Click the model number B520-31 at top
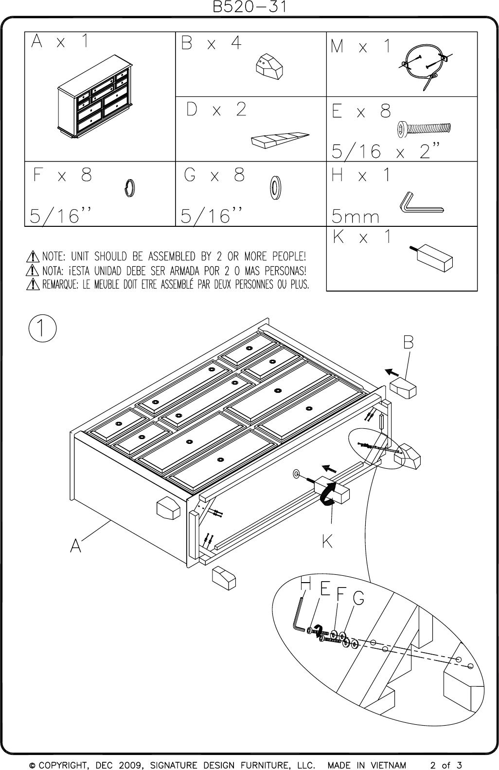tap(249, 7)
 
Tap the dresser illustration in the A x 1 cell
tap(95, 96)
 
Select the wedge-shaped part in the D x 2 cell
tap(280, 140)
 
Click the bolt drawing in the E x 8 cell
tap(424, 129)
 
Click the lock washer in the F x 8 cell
tap(129, 188)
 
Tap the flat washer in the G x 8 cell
tap(275, 188)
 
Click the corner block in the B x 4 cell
tap(269, 67)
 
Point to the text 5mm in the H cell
tap(355, 216)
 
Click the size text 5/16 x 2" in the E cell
tap(385, 151)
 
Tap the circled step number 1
tap(43, 328)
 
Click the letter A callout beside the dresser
tap(75, 545)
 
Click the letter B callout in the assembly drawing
tap(409, 342)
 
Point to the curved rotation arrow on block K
tap(327, 494)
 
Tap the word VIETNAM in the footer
tap(389, 765)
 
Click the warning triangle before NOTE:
tap(33, 257)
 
